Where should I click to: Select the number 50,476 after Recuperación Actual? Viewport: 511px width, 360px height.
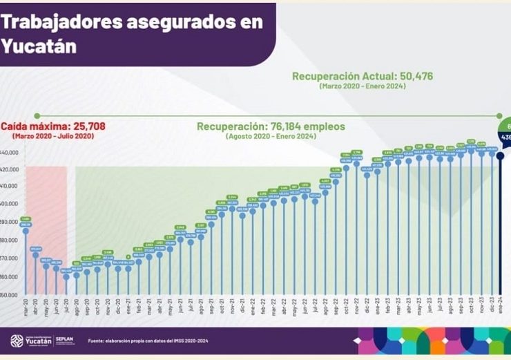410,76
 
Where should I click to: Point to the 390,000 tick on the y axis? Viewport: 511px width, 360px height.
10,222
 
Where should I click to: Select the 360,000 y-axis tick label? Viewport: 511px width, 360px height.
10,276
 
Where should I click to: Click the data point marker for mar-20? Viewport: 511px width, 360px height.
26,231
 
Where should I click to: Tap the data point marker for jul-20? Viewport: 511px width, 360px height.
66,276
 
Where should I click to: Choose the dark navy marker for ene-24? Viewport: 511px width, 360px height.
499,155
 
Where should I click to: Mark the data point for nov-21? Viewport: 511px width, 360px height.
232,208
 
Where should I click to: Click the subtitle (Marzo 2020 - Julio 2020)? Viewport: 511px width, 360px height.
48,137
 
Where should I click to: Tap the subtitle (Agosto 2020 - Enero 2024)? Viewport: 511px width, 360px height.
271,137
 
